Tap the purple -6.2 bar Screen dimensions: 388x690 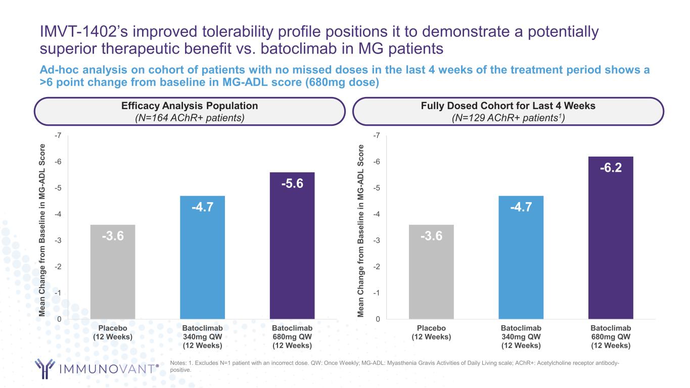click(x=610, y=237)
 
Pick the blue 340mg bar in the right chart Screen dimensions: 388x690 click(x=521, y=257)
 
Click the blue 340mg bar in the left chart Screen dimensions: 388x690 click(x=202, y=257)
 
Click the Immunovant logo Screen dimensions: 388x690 click(x=97, y=368)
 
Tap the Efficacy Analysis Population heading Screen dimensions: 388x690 click(x=190, y=106)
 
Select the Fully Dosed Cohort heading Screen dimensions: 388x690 click(x=508, y=106)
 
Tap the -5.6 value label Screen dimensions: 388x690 click(x=292, y=183)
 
